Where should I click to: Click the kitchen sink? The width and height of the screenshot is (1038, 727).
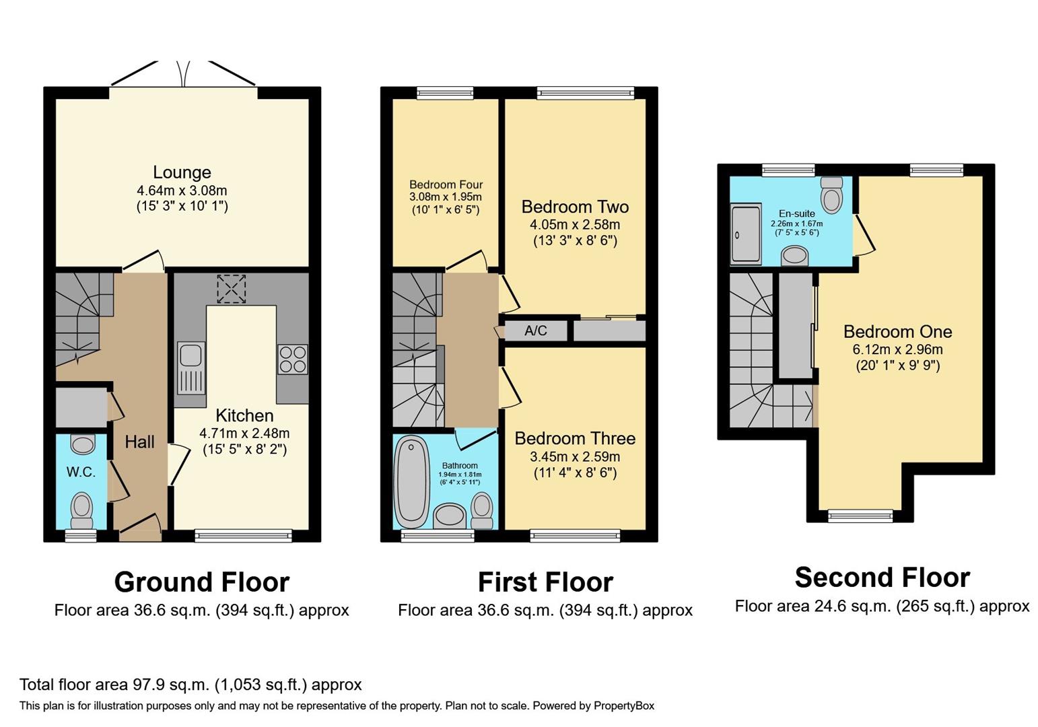pyautogui.click(x=191, y=367)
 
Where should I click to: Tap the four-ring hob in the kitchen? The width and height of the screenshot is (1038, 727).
pyautogui.click(x=292, y=359)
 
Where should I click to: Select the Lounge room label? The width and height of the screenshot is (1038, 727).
pyautogui.click(x=182, y=172)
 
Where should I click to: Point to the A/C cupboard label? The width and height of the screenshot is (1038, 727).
pyautogui.click(x=536, y=331)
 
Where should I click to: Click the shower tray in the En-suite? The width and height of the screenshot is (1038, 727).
pyautogui.click(x=746, y=233)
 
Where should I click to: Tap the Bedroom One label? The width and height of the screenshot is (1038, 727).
pyautogui.click(x=897, y=331)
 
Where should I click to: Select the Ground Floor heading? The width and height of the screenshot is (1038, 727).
pyautogui.click(x=201, y=582)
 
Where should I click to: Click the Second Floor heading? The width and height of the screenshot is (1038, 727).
pyautogui.click(x=882, y=577)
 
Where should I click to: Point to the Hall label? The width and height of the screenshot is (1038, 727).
pyautogui.click(x=139, y=442)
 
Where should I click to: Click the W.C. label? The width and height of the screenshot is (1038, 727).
pyautogui.click(x=81, y=472)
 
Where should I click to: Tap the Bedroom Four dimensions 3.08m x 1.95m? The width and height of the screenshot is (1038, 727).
pyautogui.click(x=446, y=197)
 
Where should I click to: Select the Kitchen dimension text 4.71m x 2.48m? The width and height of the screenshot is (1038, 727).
pyautogui.click(x=244, y=433)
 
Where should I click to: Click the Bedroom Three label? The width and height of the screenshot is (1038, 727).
pyautogui.click(x=575, y=438)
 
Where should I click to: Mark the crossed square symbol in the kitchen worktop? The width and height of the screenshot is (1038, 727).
pyautogui.click(x=231, y=289)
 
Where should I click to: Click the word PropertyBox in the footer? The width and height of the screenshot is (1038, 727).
pyautogui.click(x=623, y=705)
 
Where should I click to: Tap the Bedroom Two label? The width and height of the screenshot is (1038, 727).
pyautogui.click(x=575, y=207)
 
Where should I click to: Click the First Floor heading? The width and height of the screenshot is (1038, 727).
pyautogui.click(x=545, y=582)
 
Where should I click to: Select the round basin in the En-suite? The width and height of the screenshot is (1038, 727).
pyautogui.click(x=795, y=256)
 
